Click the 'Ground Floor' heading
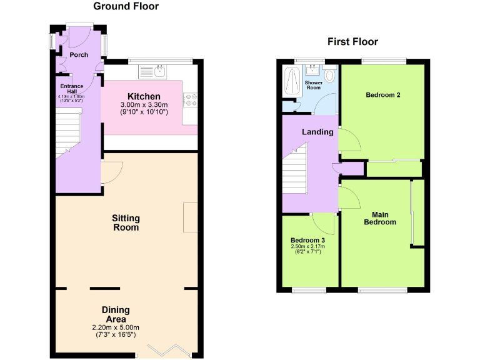pos(126,7)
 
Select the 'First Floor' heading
pos(352,42)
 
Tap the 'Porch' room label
pos(79,55)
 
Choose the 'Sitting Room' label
pos(126,222)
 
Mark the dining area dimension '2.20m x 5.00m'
pos(116,327)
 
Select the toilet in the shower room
pos(329,76)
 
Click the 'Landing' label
pos(317,132)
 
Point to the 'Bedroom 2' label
pos(382,95)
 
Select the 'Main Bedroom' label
pos(380,218)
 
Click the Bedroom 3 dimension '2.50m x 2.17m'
pos(307,247)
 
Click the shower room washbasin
pos(313,69)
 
